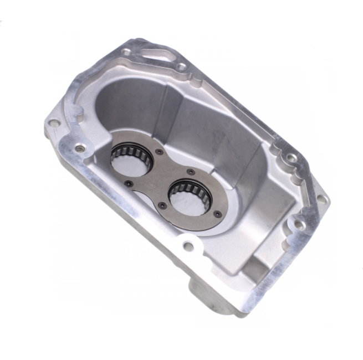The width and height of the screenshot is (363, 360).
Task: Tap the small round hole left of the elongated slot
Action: tap(127, 52)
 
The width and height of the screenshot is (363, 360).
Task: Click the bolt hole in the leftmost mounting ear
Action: tap(54, 123)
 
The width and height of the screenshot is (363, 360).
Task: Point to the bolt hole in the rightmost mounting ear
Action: tap(321, 199)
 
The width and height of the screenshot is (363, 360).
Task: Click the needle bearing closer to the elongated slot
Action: tap(131, 156)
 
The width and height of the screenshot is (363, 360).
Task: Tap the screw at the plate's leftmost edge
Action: tap(127, 183)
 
